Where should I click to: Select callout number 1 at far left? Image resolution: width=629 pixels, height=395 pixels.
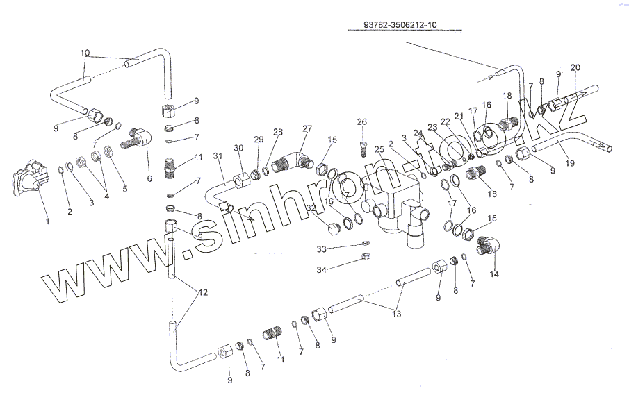[x=47, y=221]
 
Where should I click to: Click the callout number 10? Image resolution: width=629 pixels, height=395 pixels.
[x=85, y=53]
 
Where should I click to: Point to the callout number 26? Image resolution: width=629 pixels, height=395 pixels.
[x=361, y=121]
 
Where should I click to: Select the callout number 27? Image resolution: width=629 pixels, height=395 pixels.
[x=307, y=128]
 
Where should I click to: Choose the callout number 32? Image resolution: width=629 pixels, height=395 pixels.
[x=311, y=208]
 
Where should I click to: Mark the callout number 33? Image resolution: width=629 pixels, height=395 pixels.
[x=321, y=249]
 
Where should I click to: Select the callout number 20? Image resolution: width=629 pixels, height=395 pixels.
[x=575, y=67]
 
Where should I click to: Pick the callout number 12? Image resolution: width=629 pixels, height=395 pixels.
[x=203, y=292]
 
